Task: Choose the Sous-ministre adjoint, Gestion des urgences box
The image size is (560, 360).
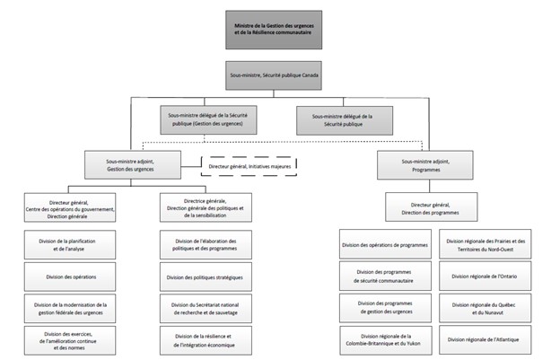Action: pyautogui.click(x=132, y=164)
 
